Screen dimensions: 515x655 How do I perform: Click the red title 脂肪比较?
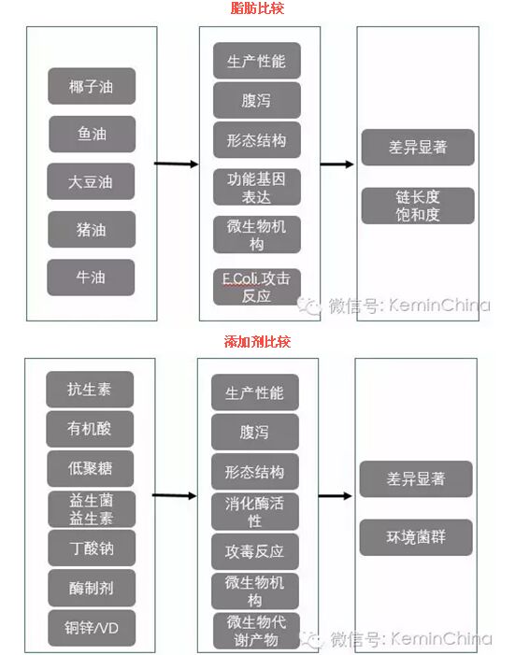pos(257,7)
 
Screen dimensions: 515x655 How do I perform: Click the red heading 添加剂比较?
pos(257,341)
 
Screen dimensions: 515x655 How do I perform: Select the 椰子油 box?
pos(92,86)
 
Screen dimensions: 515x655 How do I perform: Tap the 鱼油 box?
pos(92,135)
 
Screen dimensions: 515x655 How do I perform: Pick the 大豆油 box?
pos(91,181)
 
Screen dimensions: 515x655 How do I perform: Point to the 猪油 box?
pos(92,229)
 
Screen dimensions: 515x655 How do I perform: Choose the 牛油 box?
pos(91,278)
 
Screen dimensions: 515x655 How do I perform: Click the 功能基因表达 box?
pos(257,187)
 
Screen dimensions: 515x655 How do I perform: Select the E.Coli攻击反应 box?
pos(257,287)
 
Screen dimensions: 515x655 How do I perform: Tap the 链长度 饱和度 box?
pos(418,206)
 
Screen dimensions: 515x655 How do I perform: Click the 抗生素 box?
pos(90,390)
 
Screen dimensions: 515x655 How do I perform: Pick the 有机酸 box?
pos(90,429)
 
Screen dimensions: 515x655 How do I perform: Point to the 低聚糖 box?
pos(91,468)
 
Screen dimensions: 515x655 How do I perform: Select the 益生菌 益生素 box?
pos(92,509)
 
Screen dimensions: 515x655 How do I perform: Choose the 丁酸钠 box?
pos(92,548)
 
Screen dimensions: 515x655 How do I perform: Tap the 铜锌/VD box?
pos(92,628)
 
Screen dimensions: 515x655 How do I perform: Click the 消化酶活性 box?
pos(255,512)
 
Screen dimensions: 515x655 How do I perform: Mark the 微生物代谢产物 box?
pos(257,631)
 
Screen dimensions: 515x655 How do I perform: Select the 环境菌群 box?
pos(416,537)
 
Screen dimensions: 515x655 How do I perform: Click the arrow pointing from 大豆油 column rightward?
pos(177,164)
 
